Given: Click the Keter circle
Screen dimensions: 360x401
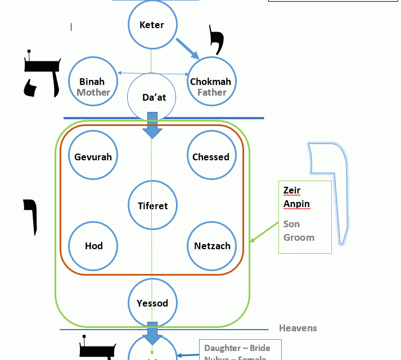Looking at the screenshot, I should (x=152, y=25).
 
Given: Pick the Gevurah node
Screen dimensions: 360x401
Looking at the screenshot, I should (x=93, y=156).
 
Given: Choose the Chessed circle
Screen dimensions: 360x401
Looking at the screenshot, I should (x=211, y=156).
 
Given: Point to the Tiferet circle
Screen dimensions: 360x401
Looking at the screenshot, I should (x=152, y=205).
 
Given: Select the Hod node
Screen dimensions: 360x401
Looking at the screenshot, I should (x=93, y=246).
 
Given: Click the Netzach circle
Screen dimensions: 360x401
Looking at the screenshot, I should (x=211, y=246).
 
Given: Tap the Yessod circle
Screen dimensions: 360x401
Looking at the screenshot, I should (x=152, y=303).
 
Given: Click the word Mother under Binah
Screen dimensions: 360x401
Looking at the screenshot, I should (x=93, y=92).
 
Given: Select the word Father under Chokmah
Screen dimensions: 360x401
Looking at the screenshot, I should (x=212, y=92).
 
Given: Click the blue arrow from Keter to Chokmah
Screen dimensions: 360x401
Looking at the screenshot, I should (x=188, y=48).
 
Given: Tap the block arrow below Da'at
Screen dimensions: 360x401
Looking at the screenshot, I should (x=152, y=126).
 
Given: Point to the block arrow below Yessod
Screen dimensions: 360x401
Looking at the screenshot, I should (x=152, y=333).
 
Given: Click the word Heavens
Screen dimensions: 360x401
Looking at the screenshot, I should (x=298, y=328).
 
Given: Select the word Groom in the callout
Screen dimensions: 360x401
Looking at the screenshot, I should (x=299, y=237).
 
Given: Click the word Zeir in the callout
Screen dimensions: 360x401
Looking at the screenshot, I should (x=292, y=191).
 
